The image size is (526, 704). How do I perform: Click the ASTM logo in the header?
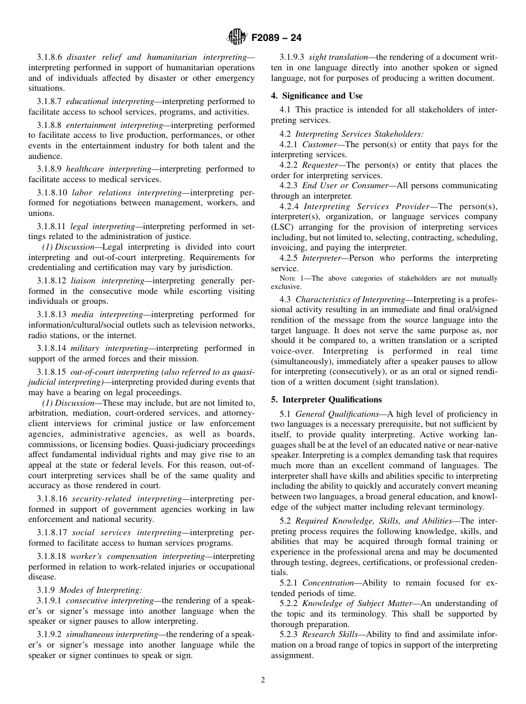(x=236, y=38)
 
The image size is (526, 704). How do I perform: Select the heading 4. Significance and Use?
(x=317, y=96)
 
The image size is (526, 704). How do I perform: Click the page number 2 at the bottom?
(x=263, y=680)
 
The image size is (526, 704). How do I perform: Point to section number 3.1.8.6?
(x=49, y=57)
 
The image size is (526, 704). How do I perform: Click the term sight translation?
(x=338, y=57)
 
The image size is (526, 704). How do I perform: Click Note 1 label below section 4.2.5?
(x=291, y=278)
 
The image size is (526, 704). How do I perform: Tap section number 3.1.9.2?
(x=49, y=634)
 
